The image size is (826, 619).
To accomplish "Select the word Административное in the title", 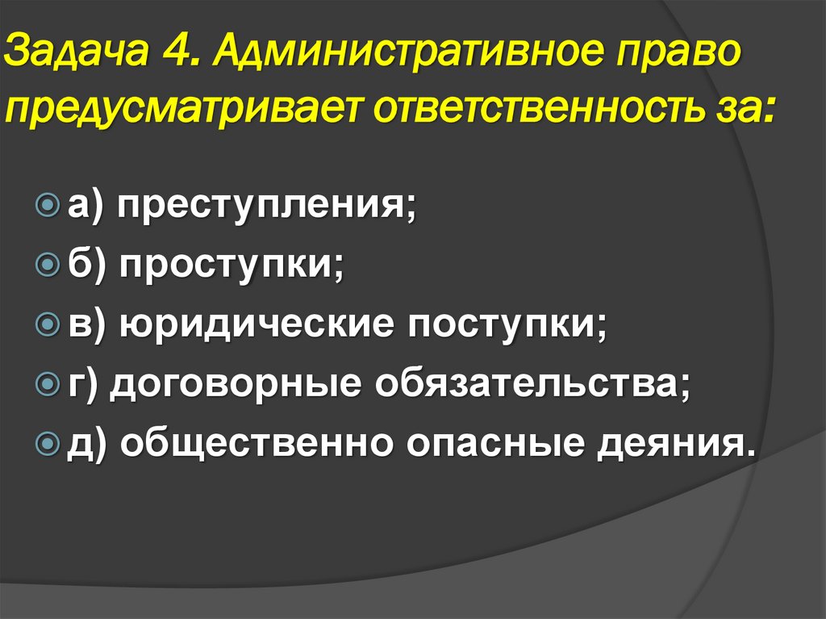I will (408, 59).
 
